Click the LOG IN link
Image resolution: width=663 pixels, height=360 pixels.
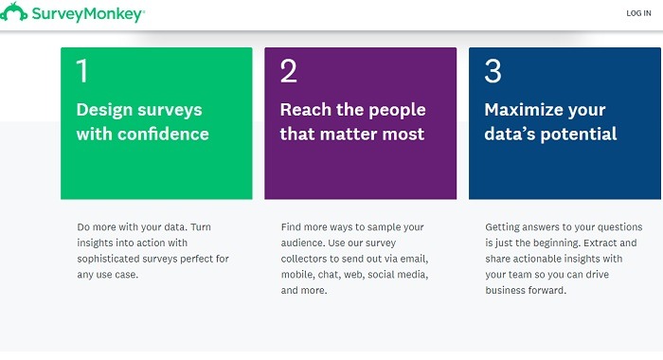[x=638, y=13]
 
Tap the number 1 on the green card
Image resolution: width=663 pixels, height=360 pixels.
[x=81, y=72]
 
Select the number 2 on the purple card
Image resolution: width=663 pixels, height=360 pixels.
[x=288, y=72]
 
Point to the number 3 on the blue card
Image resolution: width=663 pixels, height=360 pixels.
[x=493, y=72]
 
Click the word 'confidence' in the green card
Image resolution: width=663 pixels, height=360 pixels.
[x=163, y=134]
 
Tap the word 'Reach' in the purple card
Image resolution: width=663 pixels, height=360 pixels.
[x=305, y=110]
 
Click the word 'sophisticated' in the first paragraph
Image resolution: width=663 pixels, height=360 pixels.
[x=110, y=259]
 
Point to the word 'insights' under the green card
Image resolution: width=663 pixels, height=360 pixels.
[x=96, y=243]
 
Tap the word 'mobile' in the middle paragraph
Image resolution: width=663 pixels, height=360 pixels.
[x=297, y=275]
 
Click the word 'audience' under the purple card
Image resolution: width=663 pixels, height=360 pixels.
[x=303, y=243]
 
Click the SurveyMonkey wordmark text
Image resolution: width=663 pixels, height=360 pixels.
[x=91, y=14]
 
